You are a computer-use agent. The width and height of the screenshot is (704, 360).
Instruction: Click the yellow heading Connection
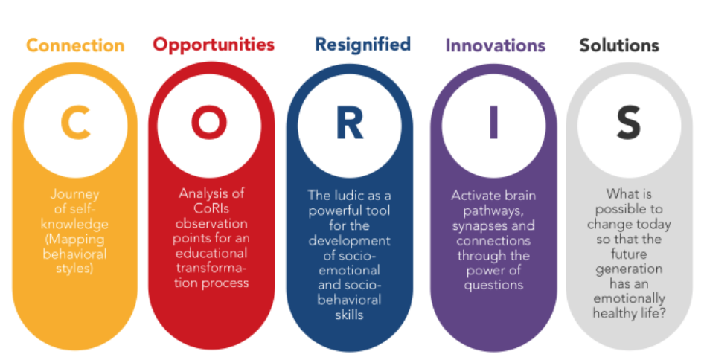click(75, 45)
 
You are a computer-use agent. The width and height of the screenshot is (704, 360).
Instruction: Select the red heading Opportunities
click(214, 45)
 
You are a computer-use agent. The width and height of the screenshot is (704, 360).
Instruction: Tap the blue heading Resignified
click(362, 45)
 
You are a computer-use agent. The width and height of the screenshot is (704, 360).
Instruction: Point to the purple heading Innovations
click(495, 45)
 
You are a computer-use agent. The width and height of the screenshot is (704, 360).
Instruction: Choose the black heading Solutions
click(619, 45)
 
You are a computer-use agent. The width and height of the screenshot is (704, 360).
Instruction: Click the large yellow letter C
click(75, 123)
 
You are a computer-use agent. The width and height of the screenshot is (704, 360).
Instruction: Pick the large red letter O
click(209, 123)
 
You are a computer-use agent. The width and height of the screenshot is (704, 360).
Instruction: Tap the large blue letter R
click(349, 123)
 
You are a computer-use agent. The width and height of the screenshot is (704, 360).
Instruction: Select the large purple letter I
click(493, 123)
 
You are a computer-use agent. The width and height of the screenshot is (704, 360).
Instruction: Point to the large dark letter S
click(629, 123)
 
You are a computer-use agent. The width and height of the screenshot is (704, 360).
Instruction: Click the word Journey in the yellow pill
click(75, 195)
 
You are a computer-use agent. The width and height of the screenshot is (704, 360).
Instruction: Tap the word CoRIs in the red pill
click(211, 208)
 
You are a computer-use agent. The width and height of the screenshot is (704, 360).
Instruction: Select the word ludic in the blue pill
click(351, 196)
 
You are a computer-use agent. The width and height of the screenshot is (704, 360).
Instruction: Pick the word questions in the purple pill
click(493, 286)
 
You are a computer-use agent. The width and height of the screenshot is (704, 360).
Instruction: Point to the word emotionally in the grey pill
click(629, 299)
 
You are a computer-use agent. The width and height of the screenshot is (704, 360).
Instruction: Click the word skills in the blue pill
click(349, 315)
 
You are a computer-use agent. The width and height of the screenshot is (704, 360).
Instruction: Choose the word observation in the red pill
click(211, 224)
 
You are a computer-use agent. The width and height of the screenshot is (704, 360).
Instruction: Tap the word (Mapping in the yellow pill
click(74, 240)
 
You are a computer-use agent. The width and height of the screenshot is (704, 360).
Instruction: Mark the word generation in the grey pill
click(629, 269)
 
